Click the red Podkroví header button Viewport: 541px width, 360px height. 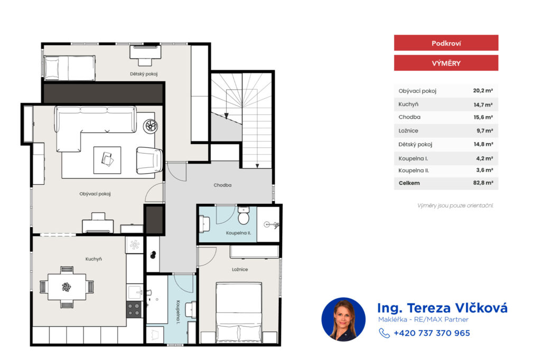(x=446, y=43)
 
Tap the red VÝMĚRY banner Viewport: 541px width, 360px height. (x=446, y=63)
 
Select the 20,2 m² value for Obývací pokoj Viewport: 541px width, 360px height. (x=483, y=91)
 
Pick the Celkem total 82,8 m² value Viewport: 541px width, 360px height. (x=483, y=183)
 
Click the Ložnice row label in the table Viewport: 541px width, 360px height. (x=408, y=131)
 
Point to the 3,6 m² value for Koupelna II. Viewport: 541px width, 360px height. (x=484, y=170)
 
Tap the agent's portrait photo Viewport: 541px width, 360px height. (x=343, y=319)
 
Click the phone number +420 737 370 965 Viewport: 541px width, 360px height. (x=432, y=333)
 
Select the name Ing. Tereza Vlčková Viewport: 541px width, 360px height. (x=442, y=308)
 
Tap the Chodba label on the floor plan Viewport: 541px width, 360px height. (x=222, y=185)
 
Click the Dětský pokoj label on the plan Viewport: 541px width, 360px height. (x=144, y=74)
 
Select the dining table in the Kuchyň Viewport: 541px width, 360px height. (x=67, y=287)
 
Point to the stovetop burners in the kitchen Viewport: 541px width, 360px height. (x=134, y=309)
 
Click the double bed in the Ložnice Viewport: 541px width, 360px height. (x=239, y=312)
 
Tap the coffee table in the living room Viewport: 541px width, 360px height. (x=107, y=160)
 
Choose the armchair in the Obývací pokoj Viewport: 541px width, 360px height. (x=149, y=160)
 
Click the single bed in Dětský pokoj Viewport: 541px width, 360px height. (x=69, y=68)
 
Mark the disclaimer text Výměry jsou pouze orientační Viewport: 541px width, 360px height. (x=455, y=206)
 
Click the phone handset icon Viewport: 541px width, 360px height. (x=385, y=333)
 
